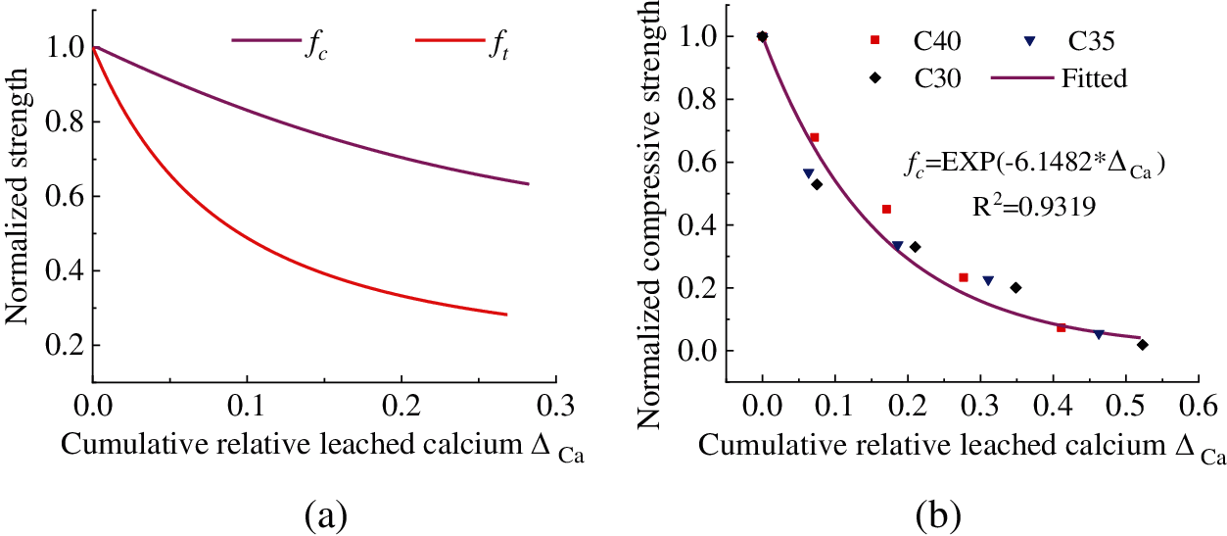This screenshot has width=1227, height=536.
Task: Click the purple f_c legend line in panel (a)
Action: click(264, 40)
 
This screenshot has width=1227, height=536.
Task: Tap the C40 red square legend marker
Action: click(875, 40)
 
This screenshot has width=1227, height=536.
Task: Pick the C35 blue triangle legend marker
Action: click(1029, 40)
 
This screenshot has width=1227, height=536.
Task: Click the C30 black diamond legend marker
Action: click(875, 78)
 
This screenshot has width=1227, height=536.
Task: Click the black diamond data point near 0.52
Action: click(1143, 345)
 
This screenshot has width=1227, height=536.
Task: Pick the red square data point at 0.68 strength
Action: click(814, 138)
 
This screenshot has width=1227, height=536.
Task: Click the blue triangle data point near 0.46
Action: click(1099, 334)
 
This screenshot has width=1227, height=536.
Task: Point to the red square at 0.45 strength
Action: click(886, 209)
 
